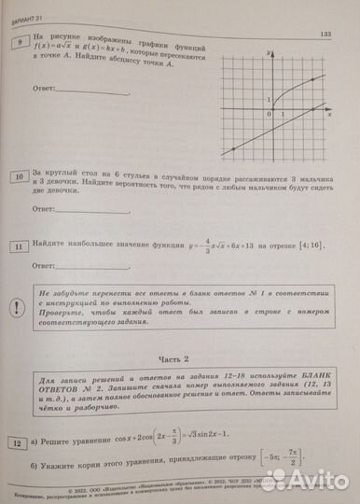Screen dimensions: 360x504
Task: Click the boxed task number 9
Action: pyautogui.click(x=17, y=44)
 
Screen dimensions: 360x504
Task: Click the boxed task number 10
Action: pyautogui.click(x=19, y=175)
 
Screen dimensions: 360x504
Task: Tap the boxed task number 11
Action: pyautogui.click(x=19, y=245)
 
